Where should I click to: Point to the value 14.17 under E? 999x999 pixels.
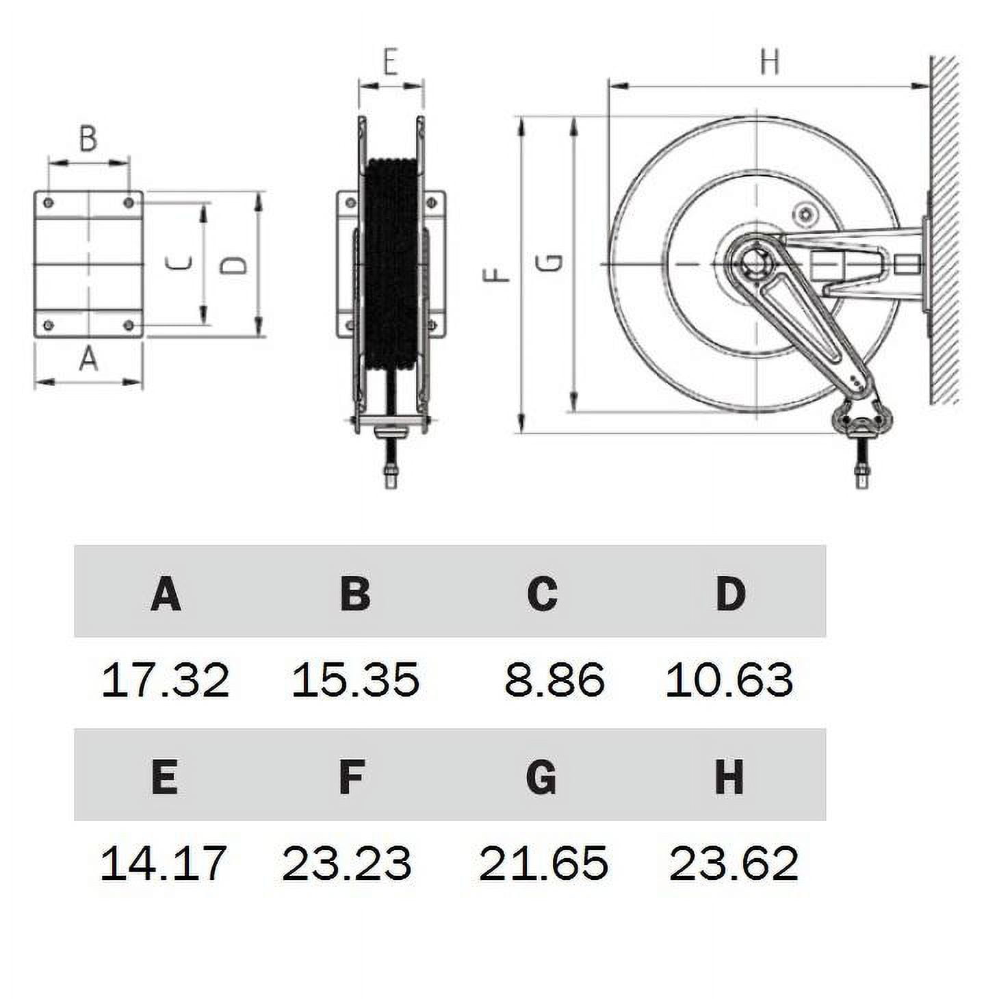pos(164,863)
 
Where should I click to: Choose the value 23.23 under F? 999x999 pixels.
pos(347,863)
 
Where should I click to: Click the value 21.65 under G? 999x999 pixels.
pos(543,863)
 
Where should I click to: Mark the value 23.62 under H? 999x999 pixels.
pos(734,863)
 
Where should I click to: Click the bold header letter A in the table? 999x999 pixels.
pos(166,593)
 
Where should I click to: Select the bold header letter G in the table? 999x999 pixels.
pos(541,777)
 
